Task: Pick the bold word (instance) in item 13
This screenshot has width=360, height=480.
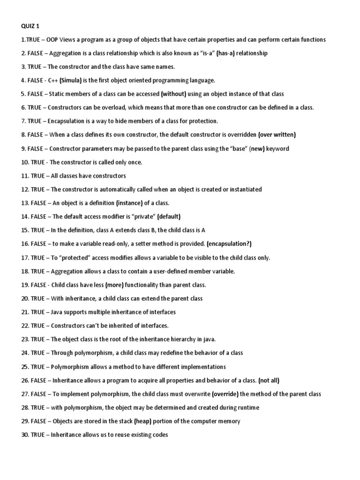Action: [x=130, y=203]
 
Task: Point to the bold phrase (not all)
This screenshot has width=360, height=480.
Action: [x=272, y=380]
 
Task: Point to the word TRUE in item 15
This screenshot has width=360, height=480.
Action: [x=38, y=230]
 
